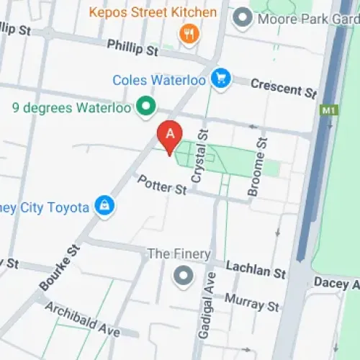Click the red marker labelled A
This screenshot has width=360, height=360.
pos(170,135)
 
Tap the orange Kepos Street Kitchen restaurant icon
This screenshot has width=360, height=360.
pos(189,33)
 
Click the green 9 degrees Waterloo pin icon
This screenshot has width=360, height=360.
pos(148,108)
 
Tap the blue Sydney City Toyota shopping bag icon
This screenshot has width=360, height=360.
pos(106,207)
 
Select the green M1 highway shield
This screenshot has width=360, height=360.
pos(328,111)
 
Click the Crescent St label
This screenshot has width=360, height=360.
pos(284,89)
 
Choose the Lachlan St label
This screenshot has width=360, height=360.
pos(256,269)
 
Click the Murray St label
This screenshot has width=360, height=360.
pos(251,302)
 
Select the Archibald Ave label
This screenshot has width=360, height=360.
pos(81,319)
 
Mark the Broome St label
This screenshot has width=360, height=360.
pos(256,165)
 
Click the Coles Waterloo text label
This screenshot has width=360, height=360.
pos(159,79)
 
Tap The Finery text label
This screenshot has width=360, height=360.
pos(179,253)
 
